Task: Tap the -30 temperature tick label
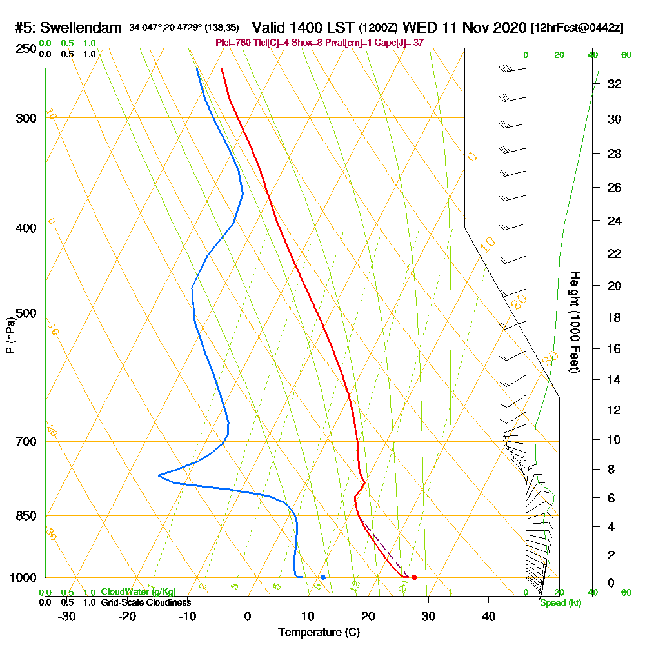[67, 616]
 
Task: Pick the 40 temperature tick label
[488, 616]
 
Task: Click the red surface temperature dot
[414, 577]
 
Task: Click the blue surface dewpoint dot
[323, 577]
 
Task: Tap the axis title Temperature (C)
[319, 632]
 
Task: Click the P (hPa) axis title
[10, 335]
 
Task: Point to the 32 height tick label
[615, 84]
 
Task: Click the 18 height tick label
[615, 317]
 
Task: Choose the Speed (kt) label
[560, 602]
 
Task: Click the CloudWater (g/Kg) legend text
[138, 591]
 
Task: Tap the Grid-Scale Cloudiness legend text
[146, 602]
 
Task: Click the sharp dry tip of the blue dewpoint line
[159, 476]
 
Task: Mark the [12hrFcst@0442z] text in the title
[577, 28]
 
